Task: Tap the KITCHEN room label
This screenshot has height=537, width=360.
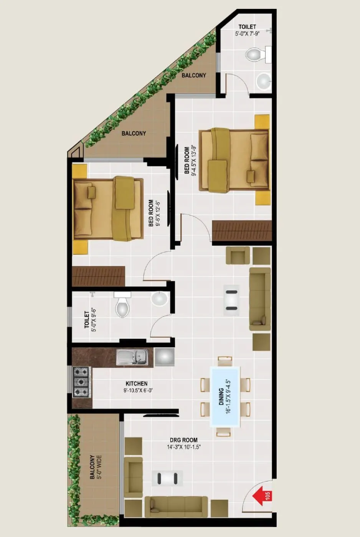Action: pos(136,383)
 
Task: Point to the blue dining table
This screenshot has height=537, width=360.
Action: pos(225,396)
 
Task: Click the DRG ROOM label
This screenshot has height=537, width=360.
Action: pos(184,440)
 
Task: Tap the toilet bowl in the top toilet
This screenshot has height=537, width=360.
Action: pos(254,54)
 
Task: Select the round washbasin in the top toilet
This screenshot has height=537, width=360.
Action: pos(264,81)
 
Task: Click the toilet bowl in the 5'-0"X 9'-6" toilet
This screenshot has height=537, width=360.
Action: pos(122,306)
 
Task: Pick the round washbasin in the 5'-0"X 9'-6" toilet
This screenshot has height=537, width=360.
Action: pos(159,298)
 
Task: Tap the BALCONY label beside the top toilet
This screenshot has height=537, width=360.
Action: pos(194,75)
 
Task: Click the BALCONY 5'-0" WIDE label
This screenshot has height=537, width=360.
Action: pos(96,467)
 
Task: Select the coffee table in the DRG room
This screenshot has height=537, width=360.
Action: pos(168,478)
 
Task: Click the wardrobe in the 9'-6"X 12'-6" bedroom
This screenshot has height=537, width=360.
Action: pos(99,276)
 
